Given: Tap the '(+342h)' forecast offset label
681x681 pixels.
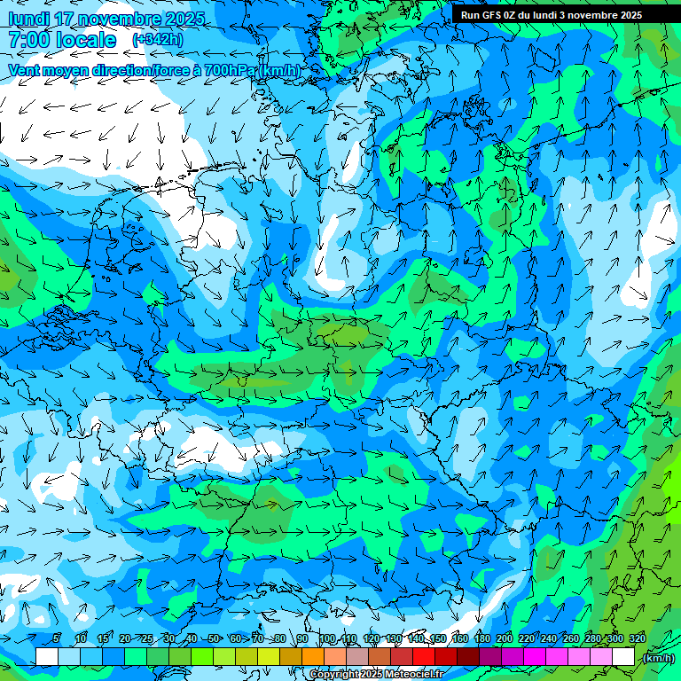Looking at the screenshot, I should pyautogui.click(x=158, y=40).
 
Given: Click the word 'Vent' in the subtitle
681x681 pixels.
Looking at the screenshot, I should pyautogui.click(x=26, y=70).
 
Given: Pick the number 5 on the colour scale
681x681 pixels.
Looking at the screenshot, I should pyautogui.click(x=56, y=638).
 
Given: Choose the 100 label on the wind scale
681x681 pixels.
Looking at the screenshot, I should pyautogui.click(x=326, y=638).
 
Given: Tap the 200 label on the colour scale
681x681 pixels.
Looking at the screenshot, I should pyautogui.click(x=504, y=638).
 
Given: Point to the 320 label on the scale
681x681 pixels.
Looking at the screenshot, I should pyautogui.click(x=637, y=638).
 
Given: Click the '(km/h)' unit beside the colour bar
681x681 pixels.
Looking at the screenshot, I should pyautogui.click(x=658, y=658).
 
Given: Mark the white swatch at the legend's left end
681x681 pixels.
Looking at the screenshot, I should pyautogui.click(x=47, y=656).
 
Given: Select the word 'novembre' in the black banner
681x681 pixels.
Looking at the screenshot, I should pyautogui.click(x=588, y=15).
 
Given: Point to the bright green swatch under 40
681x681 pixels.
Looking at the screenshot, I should pyautogui.click(x=202, y=656).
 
